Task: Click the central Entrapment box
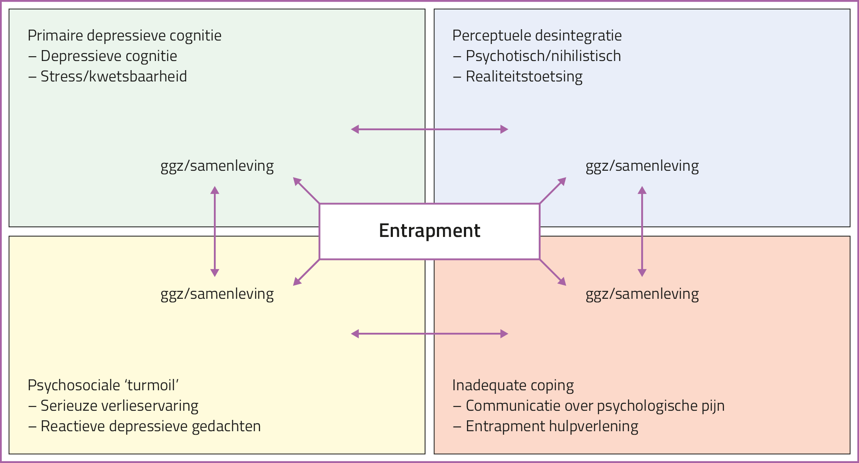tap(429, 231)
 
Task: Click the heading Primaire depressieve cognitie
tap(125, 35)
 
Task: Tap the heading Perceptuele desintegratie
tap(537, 35)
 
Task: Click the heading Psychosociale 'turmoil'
tap(103, 385)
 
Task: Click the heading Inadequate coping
tap(513, 385)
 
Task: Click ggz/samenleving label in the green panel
tap(217, 166)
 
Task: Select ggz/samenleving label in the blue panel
tap(642, 166)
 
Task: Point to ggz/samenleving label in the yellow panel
tap(217, 294)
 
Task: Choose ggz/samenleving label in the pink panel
tap(642, 294)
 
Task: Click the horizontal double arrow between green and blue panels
tap(429, 129)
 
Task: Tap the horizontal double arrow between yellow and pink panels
tap(429, 334)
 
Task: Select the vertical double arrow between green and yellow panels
tap(215, 231)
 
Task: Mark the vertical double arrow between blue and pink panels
tap(642, 231)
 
